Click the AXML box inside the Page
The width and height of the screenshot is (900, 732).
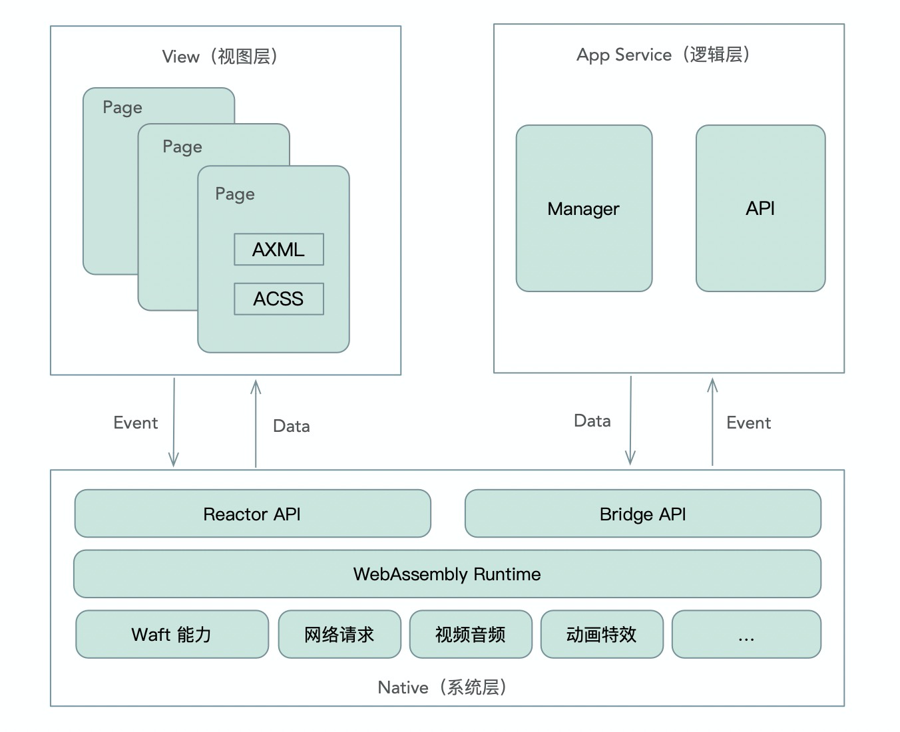coord(279,250)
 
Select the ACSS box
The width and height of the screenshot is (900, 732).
coord(279,299)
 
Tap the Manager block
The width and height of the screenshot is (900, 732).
coord(584,208)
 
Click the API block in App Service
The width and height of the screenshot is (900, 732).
coord(760,208)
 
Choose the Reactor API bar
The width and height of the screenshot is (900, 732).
coord(252,514)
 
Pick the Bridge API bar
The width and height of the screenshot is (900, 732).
coord(642,514)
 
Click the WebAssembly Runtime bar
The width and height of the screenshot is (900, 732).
coord(447,574)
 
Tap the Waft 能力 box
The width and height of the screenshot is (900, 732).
coord(172,634)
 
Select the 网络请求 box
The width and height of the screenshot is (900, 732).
coord(339,634)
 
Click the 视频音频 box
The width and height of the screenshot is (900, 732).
coord(471,634)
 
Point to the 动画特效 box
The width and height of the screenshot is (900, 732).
coord(602,634)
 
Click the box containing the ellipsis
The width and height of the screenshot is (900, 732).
coord(746,634)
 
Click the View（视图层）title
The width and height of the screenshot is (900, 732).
coord(220,57)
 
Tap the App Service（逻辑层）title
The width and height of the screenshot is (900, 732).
coord(664,55)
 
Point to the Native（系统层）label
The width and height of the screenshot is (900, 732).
coord(443,687)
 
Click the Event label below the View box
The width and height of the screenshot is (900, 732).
coord(136,423)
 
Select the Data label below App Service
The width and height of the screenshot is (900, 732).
coord(592,421)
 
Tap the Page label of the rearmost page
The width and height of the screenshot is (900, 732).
coord(122,108)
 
